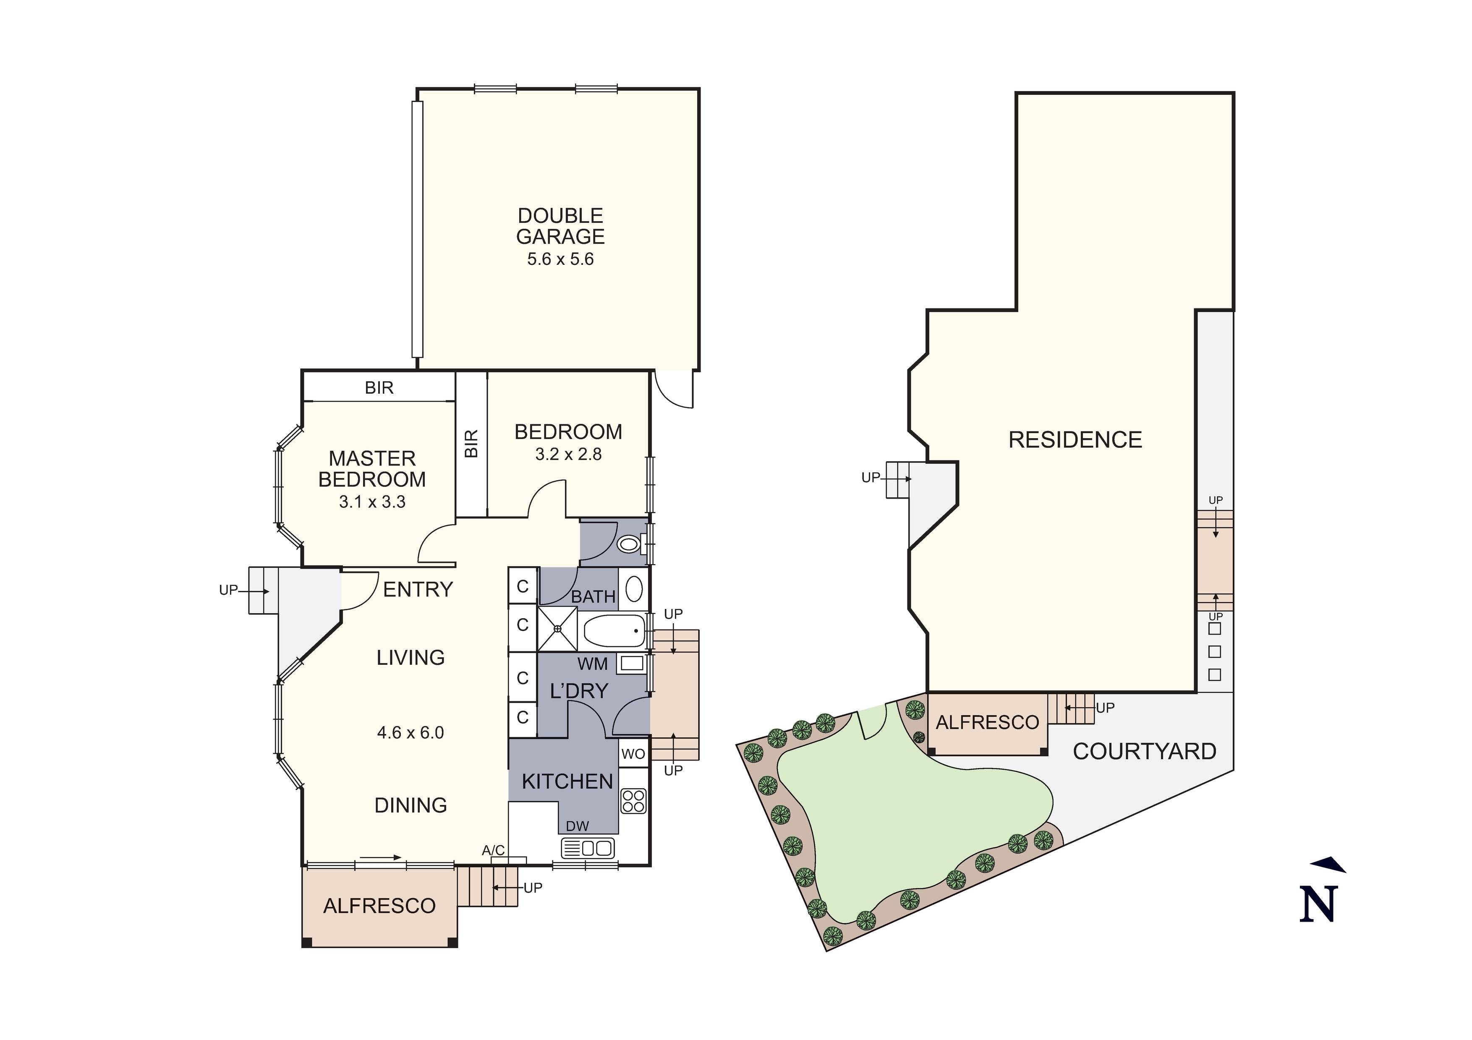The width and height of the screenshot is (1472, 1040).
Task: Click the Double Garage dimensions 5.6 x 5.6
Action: click(x=560, y=259)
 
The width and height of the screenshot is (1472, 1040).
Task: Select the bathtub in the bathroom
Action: click(x=614, y=631)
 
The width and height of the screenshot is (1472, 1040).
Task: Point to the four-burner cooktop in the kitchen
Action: click(x=633, y=801)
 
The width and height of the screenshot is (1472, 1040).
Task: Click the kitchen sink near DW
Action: click(x=588, y=848)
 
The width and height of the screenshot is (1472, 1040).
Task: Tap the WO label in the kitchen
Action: click(x=633, y=754)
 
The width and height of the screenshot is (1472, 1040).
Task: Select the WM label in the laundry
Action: click(x=592, y=664)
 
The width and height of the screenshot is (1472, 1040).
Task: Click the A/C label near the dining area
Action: click(x=493, y=850)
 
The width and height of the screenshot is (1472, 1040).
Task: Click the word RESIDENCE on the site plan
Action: click(x=1075, y=440)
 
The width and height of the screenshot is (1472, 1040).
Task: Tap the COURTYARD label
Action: click(x=1144, y=752)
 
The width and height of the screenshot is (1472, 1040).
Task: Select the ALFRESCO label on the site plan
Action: click(x=987, y=723)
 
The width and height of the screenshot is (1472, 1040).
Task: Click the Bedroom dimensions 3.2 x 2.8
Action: click(x=568, y=455)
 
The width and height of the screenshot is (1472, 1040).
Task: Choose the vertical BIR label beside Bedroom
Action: click(x=471, y=444)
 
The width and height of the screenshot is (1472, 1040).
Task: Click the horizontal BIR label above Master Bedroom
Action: click(x=379, y=388)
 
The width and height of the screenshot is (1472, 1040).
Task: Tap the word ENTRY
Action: click(x=418, y=589)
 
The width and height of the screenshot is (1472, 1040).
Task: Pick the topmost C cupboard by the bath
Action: click(x=523, y=586)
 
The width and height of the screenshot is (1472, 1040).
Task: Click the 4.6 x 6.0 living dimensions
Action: click(x=410, y=732)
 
